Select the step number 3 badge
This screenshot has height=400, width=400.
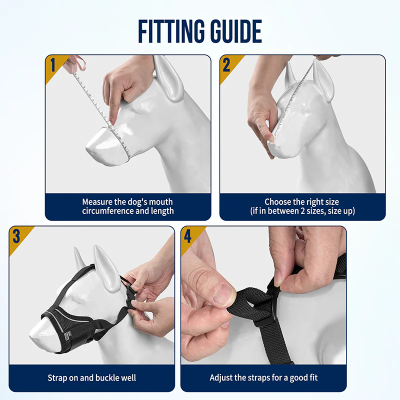click(x=16, y=236)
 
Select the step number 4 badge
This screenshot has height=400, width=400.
click(x=188, y=236)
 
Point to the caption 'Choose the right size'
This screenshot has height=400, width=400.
click(x=302, y=202)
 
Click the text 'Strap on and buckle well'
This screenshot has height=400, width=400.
click(x=92, y=378)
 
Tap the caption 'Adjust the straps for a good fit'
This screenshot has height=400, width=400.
click(x=263, y=378)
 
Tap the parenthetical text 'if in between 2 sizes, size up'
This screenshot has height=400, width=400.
click(x=302, y=211)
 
